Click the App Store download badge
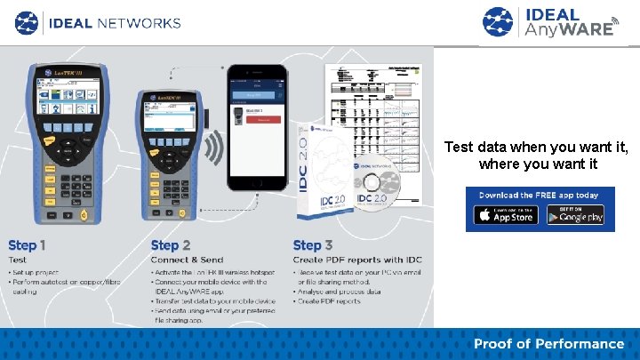(x=506, y=215)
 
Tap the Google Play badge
(x=575, y=215)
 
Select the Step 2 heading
(x=171, y=244)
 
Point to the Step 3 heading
(x=312, y=244)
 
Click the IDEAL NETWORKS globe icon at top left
(x=28, y=22)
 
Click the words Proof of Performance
(x=548, y=344)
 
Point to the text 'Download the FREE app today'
(x=540, y=196)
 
